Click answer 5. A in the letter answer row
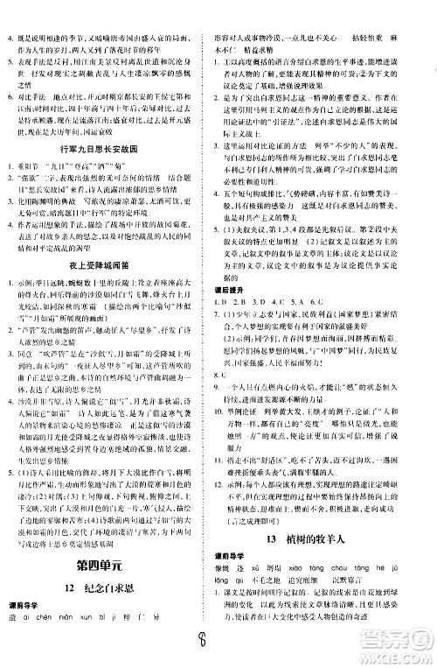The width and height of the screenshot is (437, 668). [303, 330]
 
